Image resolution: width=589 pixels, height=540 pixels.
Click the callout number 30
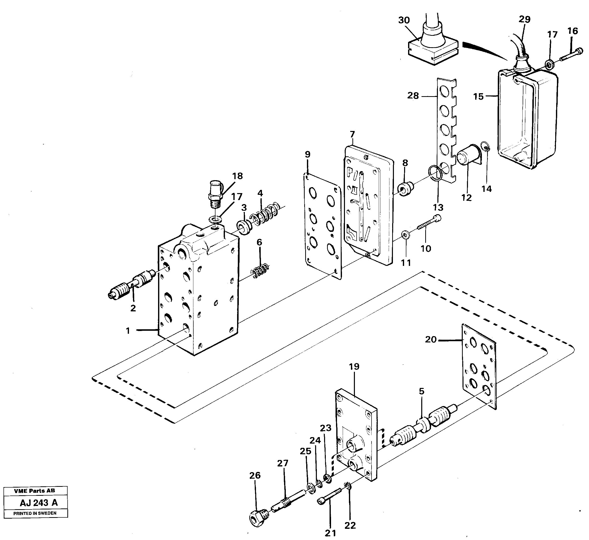404,20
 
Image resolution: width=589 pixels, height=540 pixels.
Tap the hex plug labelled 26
258,518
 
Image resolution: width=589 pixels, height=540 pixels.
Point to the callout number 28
413,96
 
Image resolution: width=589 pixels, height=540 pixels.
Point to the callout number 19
354,367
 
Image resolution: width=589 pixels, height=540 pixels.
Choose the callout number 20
431,339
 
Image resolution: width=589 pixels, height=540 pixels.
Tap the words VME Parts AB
35,491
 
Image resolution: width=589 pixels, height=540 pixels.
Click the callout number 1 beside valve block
128,331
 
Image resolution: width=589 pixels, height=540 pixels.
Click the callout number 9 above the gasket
307,154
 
